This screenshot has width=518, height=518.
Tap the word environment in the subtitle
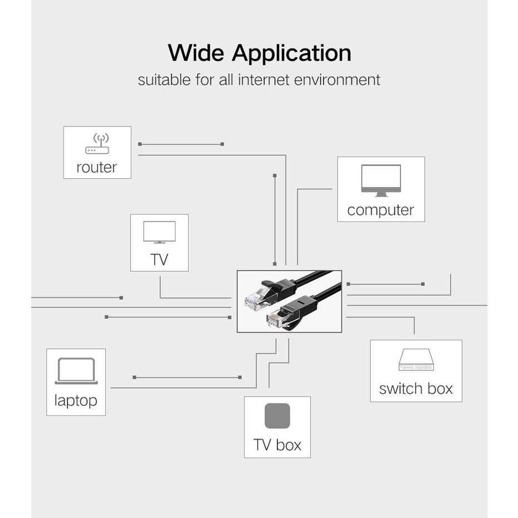pyautogui.click(x=337, y=80)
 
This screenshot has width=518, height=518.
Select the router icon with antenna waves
pyautogui.click(x=97, y=144)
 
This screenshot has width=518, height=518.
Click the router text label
pyautogui.click(x=97, y=167)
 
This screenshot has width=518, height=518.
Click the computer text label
pyautogui.click(x=380, y=210)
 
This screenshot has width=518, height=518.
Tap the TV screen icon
pyautogui.click(x=159, y=232)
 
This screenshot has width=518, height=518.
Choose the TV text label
pyautogui.click(x=159, y=260)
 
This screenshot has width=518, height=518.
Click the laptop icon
pyautogui.click(x=76, y=372)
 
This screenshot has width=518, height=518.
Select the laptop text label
pyautogui.click(x=76, y=400)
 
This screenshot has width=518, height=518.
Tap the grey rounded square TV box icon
pyautogui.click(x=277, y=416)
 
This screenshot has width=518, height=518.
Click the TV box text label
pyautogui.click(x=277, y=444)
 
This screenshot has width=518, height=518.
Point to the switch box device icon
pyautogui.click(x=416, y=360)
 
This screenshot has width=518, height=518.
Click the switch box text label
pyautogui.click(x=416, y=388)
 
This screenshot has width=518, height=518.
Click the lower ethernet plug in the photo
pyautogui.click(x=280, y=317)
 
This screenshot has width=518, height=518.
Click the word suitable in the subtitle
pyautogui.click(x=164, y=80)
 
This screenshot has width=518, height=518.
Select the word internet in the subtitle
pyautogui.click(x=264, y=80)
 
